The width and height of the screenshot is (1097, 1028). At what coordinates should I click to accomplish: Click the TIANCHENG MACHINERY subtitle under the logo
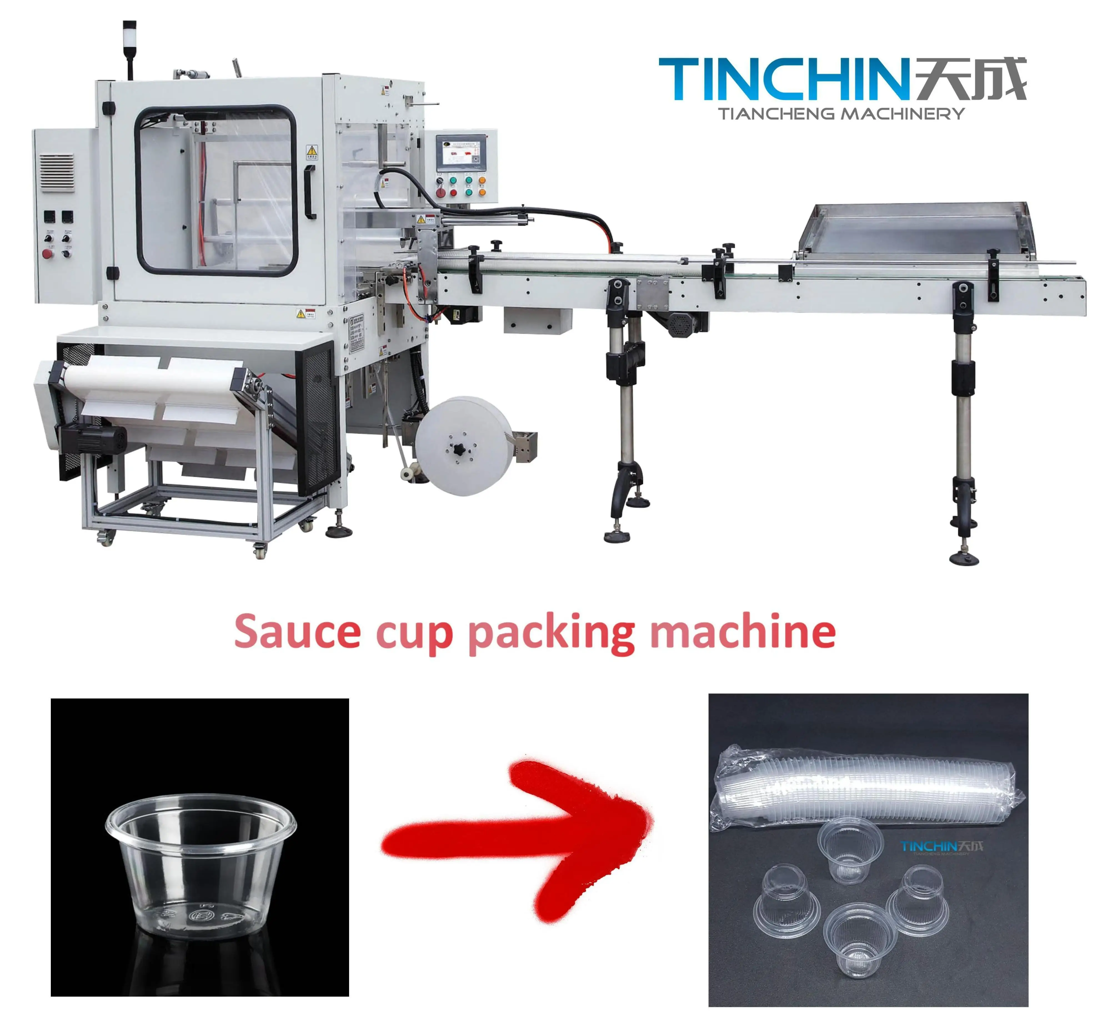[841, 114]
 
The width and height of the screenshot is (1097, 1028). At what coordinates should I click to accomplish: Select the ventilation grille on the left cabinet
[56, 171]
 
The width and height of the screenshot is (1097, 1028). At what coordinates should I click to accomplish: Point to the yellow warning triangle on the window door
[312, 150]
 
